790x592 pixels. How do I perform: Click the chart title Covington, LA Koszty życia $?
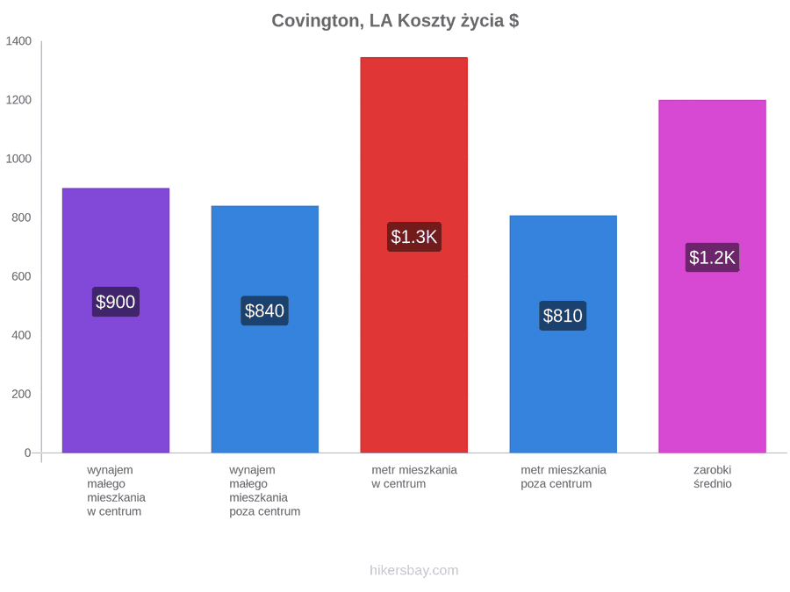coord(395,21)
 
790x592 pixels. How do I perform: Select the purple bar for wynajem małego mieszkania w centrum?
coord(116,320)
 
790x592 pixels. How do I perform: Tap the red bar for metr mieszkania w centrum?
coord(413,254)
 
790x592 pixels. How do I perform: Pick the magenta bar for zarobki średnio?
coord(712,276)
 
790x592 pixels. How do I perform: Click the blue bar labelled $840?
coord(265,329)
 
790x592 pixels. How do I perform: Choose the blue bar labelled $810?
coord(564,334)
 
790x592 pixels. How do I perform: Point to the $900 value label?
coord(115,302)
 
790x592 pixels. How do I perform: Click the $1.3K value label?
coord(414,237)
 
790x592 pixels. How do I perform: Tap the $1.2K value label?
coord(713,257)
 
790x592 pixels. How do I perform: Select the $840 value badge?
coord(264,310)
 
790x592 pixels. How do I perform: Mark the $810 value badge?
coord(563,316)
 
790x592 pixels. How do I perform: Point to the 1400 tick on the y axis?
coord(18,40)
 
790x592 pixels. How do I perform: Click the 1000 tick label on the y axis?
coord(18,159)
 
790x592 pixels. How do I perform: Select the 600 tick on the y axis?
coord(21,276)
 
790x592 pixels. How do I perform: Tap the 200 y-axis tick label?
coord(21,394)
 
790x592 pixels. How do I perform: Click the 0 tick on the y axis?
coord(28,453)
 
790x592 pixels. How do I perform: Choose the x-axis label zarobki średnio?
coord(713,477)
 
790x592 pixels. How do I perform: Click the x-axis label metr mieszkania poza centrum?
coord(564,477)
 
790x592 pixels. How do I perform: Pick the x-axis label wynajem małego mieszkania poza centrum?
coord(264,490)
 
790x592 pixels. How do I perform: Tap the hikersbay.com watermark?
coord(414,570)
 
